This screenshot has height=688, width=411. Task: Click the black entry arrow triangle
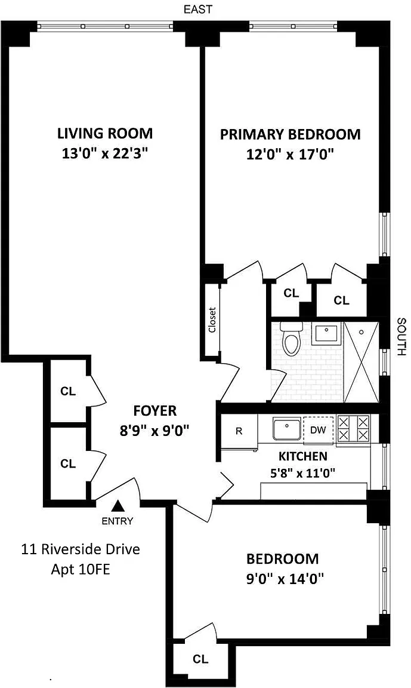(117, 506)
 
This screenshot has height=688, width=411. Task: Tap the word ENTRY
(117, 521)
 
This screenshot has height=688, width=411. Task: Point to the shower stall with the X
(361, 362)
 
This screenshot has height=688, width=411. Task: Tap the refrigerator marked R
(239, 432)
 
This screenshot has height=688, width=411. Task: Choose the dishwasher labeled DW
(319, 430)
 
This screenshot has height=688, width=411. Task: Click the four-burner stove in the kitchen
(353, 429)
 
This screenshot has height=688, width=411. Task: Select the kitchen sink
(286, 429)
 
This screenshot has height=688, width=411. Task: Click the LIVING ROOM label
(105, 133)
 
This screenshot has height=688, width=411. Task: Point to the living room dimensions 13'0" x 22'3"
(105, 154)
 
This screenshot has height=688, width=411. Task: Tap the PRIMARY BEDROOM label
(290, 134)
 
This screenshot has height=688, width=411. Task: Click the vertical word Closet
(212, 320)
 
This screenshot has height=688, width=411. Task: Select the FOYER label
(154, 411)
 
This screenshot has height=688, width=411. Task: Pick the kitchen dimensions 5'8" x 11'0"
(303, 473)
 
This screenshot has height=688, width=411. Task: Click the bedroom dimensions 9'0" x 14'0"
(285, 580)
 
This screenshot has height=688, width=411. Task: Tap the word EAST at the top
(197, 10)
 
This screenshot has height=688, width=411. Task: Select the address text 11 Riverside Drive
(81, 549)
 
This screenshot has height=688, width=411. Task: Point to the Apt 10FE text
(81, 570)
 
